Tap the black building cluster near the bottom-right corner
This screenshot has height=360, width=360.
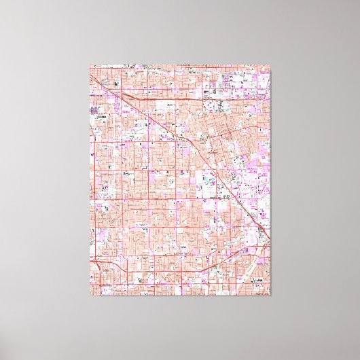pyautogui.click(x=261, y=234)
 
